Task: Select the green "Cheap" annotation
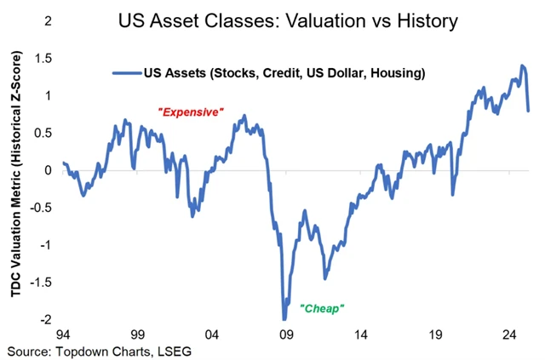(x=321, y=307)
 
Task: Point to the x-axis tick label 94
(x=65, y=334)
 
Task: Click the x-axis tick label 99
(x=139, y=334)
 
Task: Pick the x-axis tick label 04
(x=213, y=334)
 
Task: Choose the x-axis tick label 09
(x=287, y=334)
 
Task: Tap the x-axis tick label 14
(x=361, y=334)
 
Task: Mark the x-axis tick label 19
(x=435, y=334)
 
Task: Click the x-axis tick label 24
(x=509, y=334)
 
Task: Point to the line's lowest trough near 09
(x=284, y=319)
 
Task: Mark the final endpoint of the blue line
(x=529, y=110)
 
